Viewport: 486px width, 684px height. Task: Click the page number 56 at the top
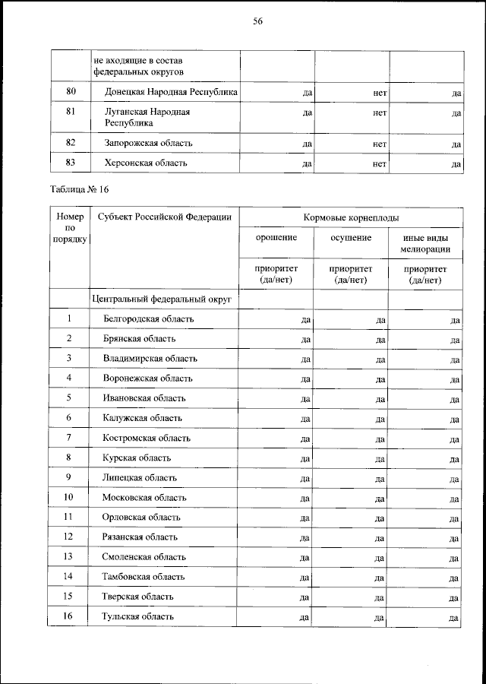pyautogui.click(x=257, y=22)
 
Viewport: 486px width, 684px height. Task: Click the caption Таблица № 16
pyautogui.click(x=86, y=189)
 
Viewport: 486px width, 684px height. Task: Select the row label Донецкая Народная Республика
pyautogui.click(x=171, y=92)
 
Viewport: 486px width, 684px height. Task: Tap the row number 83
pyautogui.click(x=71, y=163)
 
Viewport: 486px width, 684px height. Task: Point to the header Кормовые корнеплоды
pyautogui.click(x=352, y=217)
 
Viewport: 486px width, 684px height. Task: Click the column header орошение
pyautogui.click(x=276, y=238)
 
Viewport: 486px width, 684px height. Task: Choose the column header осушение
pyautogui.click(x=351, y=238)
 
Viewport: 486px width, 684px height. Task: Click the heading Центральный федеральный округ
pyautogui.click(x=161, y=299)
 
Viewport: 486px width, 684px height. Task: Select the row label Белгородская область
pyautogui.click(x=148, y=318)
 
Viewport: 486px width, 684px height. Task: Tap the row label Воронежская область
pyautogui.click(x=148, y=378)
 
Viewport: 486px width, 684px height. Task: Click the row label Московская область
pyautogui.click(x=144, y=498)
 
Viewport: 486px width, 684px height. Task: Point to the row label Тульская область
pyautogui.click(x=138, y=616)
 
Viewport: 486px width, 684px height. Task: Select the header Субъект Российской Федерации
pyautogui.click(x=165, y=217)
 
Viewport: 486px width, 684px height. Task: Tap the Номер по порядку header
pyautogui.click(x=70, y=228)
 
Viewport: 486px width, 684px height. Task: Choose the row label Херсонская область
pyautogui.click(x=145, y=163)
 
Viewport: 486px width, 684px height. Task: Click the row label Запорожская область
pyautogui.click(x=148, y=142)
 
